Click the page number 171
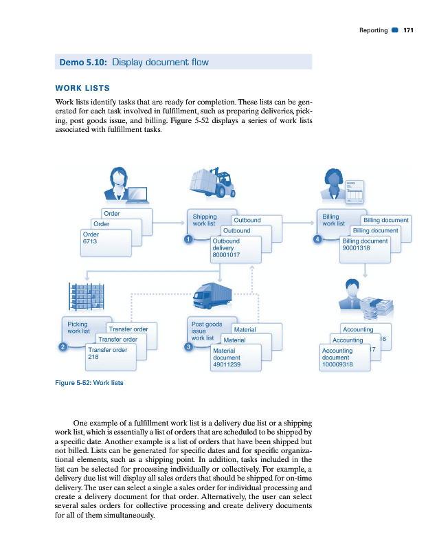tap(408, 30)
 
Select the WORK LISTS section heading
tap(82, 89)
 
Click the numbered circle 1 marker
tap(187, 239)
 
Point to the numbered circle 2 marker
tap(63, 346)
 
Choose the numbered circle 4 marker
tap(317, 239)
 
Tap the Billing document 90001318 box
tap(365, 247)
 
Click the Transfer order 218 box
tap(110, 355)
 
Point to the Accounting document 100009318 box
tap(345, 358)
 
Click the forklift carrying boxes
tap(214, 183)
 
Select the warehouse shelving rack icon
tap(87, 296)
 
